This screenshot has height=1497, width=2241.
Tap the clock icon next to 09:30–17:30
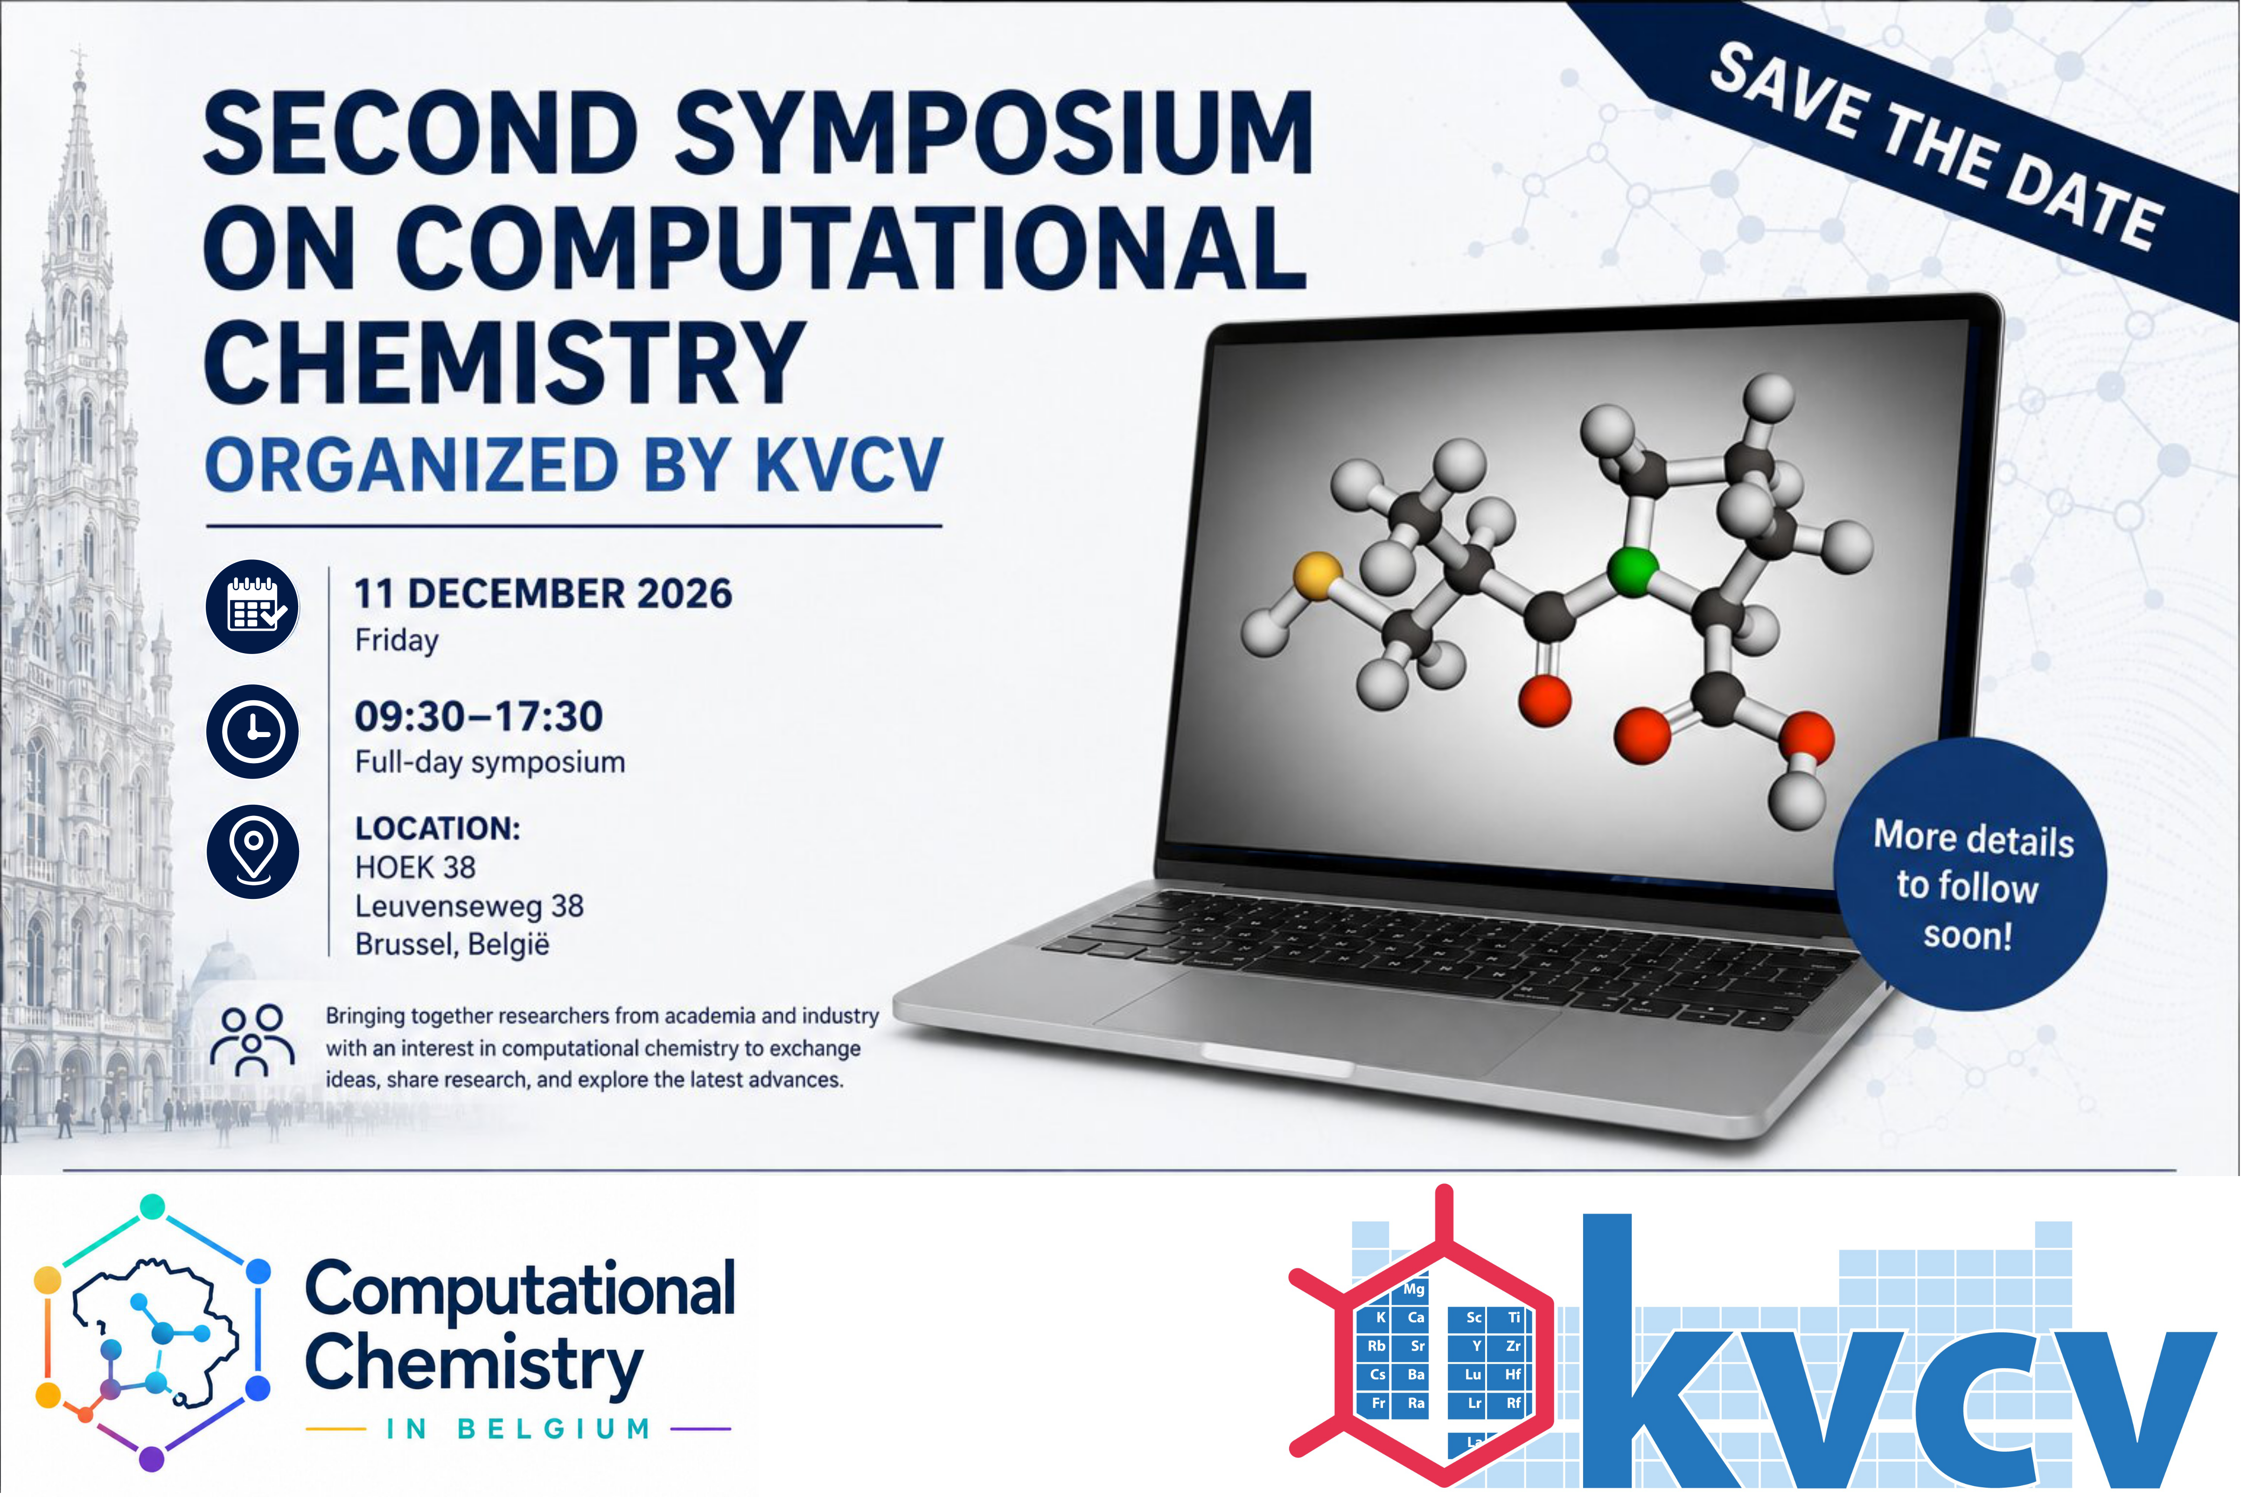pos(253,731)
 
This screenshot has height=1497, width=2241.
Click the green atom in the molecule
pos(1633,571)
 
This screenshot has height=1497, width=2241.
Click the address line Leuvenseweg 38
pos(469,905)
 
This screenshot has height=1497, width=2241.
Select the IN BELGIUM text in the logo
pos(518,1429)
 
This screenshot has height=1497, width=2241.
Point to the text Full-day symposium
pos(490,762)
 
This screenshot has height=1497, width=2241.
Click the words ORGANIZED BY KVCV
pos(574,466)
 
